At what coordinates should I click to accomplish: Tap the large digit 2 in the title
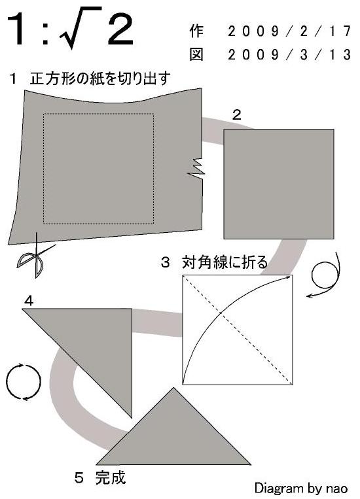(120, 29)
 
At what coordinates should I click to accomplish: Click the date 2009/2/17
(289, 31)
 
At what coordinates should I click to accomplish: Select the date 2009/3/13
(289, 55)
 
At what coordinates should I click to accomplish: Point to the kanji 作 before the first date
(196, 31)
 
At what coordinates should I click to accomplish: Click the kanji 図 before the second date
(196, 55)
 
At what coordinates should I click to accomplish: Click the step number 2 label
(236, 115)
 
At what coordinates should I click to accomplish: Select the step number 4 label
(29, 301)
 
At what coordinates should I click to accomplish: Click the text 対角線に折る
(225, 262)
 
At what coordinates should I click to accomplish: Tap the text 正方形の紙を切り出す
(100, 78)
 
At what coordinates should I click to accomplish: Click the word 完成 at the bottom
(111, 477)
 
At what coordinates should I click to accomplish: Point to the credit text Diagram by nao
(301, 488)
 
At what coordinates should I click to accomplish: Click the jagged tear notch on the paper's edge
(196, 167)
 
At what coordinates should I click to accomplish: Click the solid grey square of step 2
(279, 184)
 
